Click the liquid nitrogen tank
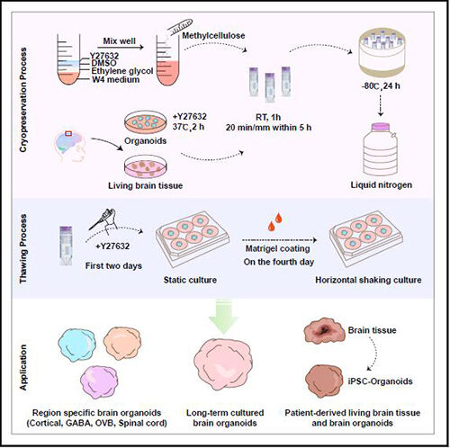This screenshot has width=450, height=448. (381, 149)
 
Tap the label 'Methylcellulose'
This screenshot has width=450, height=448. (213, 36)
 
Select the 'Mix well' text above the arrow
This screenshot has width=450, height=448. (119, 41)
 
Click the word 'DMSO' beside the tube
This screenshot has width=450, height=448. (103, 63)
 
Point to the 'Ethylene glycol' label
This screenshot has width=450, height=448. (122, 71)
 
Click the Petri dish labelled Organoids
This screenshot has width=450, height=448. (146, 122)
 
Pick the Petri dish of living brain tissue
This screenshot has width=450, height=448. (146, 167)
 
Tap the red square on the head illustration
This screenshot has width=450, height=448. (68, 134)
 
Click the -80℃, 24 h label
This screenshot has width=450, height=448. (381, 86)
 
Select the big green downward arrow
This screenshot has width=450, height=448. (223, 317)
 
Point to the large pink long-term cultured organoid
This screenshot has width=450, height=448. (223, 364)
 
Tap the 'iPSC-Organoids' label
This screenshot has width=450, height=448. (381, 381)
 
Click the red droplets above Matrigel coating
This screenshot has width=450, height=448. (275, 222)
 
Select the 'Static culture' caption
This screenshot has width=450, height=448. (190, 280)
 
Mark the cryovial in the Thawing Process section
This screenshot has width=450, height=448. (66, 246)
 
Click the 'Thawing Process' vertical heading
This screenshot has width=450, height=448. (23, 248)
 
